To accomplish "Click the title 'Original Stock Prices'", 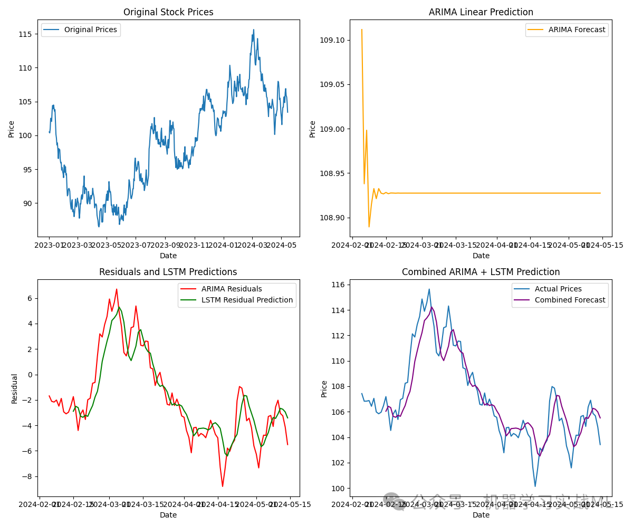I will click(168, 12).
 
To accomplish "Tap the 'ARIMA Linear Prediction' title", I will click(481, 12).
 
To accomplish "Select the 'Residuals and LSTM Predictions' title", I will click(168, 272).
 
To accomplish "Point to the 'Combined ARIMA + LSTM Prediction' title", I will click(481, 272).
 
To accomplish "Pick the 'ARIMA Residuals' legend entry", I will click(232, 289).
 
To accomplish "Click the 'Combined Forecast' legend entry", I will click(570, 300).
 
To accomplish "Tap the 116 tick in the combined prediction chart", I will click(338, 285).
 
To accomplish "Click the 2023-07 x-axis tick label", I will click(136, 245).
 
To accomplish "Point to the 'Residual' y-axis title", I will click(15, 388).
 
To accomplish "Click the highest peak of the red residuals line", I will click(117, 289).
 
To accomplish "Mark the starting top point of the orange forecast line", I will click(362, 30).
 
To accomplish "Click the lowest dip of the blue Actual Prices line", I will click(535, 486).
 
